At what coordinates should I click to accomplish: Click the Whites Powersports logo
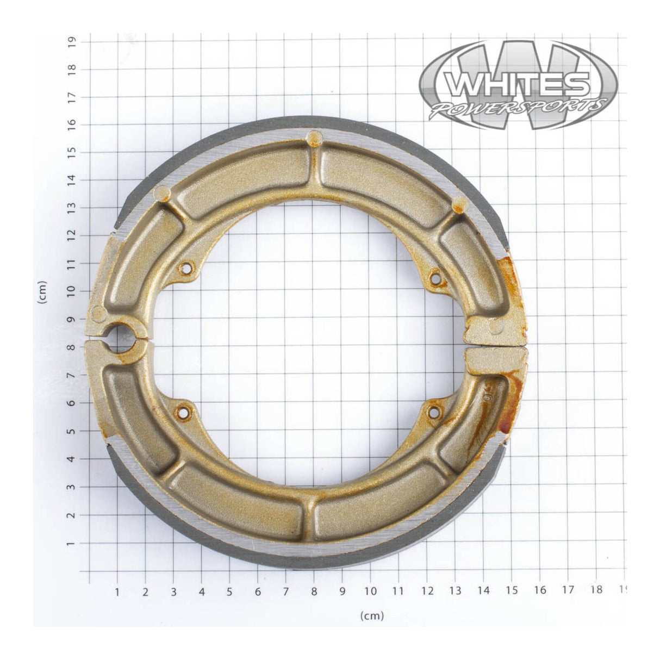click(x=519, y=85)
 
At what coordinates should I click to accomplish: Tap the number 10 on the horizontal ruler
click(x=371, y=590)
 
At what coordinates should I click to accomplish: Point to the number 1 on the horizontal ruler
click(x=117, y=590)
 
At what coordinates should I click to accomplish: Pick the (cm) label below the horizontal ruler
click(x=372, y=615)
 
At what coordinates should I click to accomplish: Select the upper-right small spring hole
click(x=434, y=278)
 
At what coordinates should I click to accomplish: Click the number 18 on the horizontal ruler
click(x=596, y=590)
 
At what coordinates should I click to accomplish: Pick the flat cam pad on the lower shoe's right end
click(x=496, y=359)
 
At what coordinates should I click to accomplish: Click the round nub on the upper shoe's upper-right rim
click(x=459, y=204)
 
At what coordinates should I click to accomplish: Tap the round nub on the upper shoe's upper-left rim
click(x=162, y=193)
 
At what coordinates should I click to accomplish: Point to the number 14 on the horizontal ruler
click(x=484, y=590)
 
